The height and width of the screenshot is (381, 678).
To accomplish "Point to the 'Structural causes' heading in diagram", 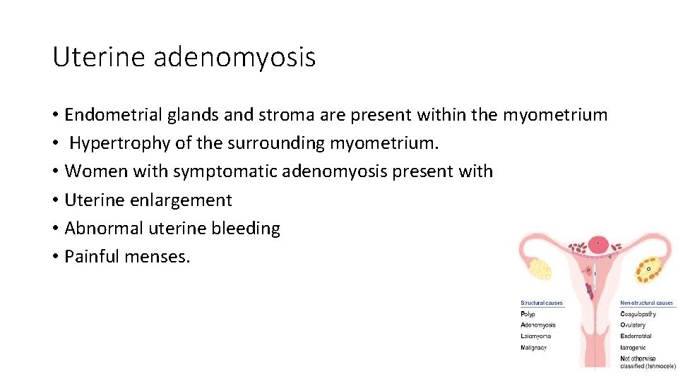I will pyautogui.click(x=541, y=303).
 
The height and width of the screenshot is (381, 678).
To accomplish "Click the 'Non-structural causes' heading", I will pyautogui.click(x=646, y=303).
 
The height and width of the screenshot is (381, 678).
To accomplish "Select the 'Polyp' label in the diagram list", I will pyautogui.click(x=528, y=314).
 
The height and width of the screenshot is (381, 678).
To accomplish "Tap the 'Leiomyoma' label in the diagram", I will pyautogui.click(x=535, y=337).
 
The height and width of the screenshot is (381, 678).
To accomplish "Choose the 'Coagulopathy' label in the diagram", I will pyautogui.click(x=638, y=314).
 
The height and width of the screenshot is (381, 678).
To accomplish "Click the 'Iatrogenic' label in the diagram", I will pyautogui.click(x=634, y=348).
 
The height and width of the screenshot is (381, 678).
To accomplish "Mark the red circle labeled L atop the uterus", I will pyautogui.click(x=599, y=244).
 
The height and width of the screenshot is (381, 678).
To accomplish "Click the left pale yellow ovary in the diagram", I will pyautogui.click(x=540, y=268).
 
